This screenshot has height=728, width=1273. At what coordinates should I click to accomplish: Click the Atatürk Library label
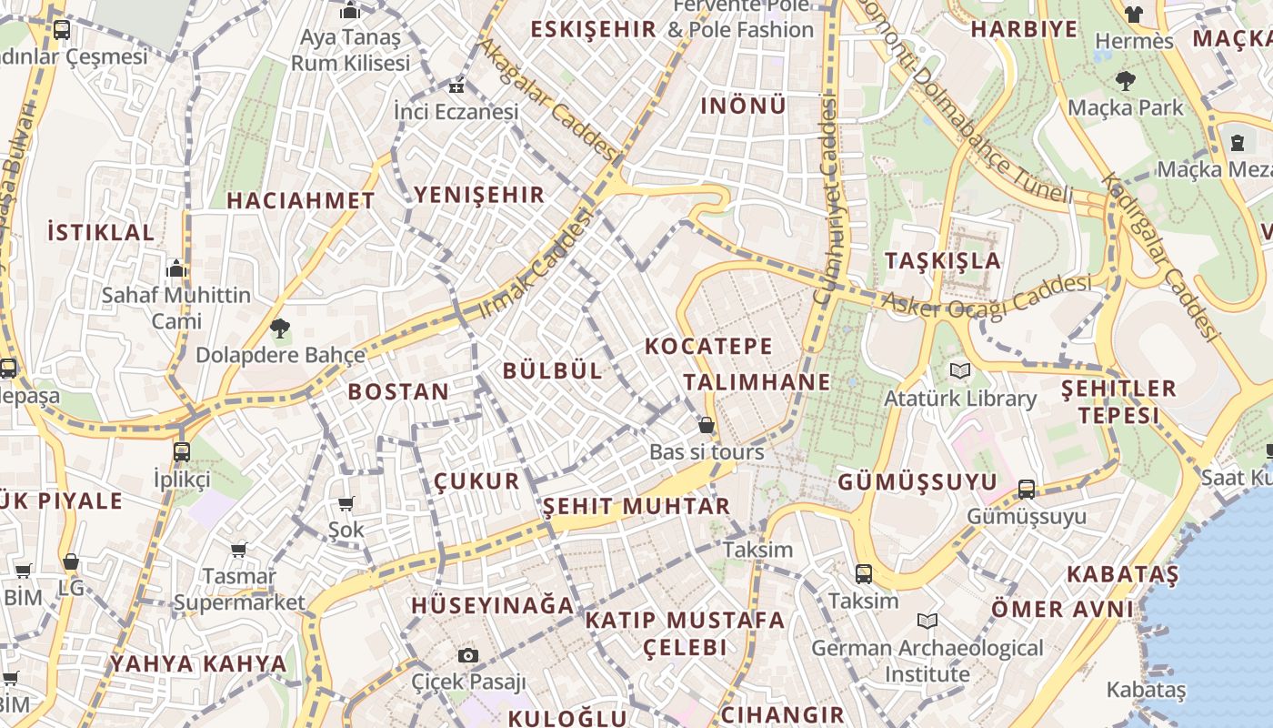960,399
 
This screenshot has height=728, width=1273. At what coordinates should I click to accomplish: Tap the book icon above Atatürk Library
960,370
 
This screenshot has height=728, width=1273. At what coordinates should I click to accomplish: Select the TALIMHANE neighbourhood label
757,381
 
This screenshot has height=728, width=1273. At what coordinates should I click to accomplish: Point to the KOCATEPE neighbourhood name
708,346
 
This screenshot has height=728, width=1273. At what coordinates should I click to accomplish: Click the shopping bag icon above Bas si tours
706,425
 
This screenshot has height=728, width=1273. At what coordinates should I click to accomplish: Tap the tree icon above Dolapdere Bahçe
280,328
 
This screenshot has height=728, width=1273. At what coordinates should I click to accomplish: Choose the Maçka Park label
1125,107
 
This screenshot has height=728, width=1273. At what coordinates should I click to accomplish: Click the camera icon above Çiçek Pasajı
468,655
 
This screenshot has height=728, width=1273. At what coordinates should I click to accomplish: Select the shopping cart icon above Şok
346,503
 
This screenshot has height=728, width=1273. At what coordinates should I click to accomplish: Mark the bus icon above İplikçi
182,451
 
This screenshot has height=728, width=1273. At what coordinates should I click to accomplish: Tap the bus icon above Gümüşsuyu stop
1027,489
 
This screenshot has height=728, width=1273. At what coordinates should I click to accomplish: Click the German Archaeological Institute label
927,661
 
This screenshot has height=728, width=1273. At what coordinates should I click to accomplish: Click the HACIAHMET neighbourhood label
300,200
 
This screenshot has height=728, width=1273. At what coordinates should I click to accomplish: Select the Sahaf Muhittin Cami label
176,308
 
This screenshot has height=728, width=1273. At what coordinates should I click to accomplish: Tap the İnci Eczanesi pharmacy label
456,111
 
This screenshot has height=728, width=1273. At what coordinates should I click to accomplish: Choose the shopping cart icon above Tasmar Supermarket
239,550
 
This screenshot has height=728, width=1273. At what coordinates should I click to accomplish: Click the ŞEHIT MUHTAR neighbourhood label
636,506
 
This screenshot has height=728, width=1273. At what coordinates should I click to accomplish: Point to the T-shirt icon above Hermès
1133,14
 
